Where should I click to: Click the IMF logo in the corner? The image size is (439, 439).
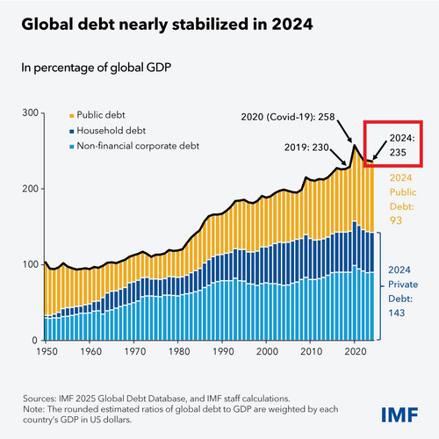(399, 414)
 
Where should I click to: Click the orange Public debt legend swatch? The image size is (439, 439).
(72, 116)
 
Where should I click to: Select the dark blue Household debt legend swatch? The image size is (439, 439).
(72, 132)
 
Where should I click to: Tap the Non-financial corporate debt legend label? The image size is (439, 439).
(138, 146)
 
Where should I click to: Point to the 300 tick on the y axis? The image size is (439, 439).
(30, 112)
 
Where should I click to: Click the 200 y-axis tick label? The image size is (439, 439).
(30, 189)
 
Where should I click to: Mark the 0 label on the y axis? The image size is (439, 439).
(35, 340)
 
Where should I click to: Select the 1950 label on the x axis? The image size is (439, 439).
(47, 351)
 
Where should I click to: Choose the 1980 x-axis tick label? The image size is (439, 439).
(179, 351)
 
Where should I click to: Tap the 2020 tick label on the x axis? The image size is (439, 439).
(356, 351)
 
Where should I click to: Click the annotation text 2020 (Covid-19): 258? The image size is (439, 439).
(288, 117)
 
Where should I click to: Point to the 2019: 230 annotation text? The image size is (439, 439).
(306, 148)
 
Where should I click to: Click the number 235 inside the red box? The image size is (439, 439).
(398, 152)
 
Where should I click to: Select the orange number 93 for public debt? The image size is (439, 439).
(396, 220)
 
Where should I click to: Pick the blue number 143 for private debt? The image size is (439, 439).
(397, 313)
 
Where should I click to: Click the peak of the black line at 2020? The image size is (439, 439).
(355, 145)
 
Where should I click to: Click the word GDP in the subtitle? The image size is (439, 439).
(159, 68)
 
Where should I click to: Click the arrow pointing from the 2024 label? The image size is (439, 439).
(379, 150)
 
